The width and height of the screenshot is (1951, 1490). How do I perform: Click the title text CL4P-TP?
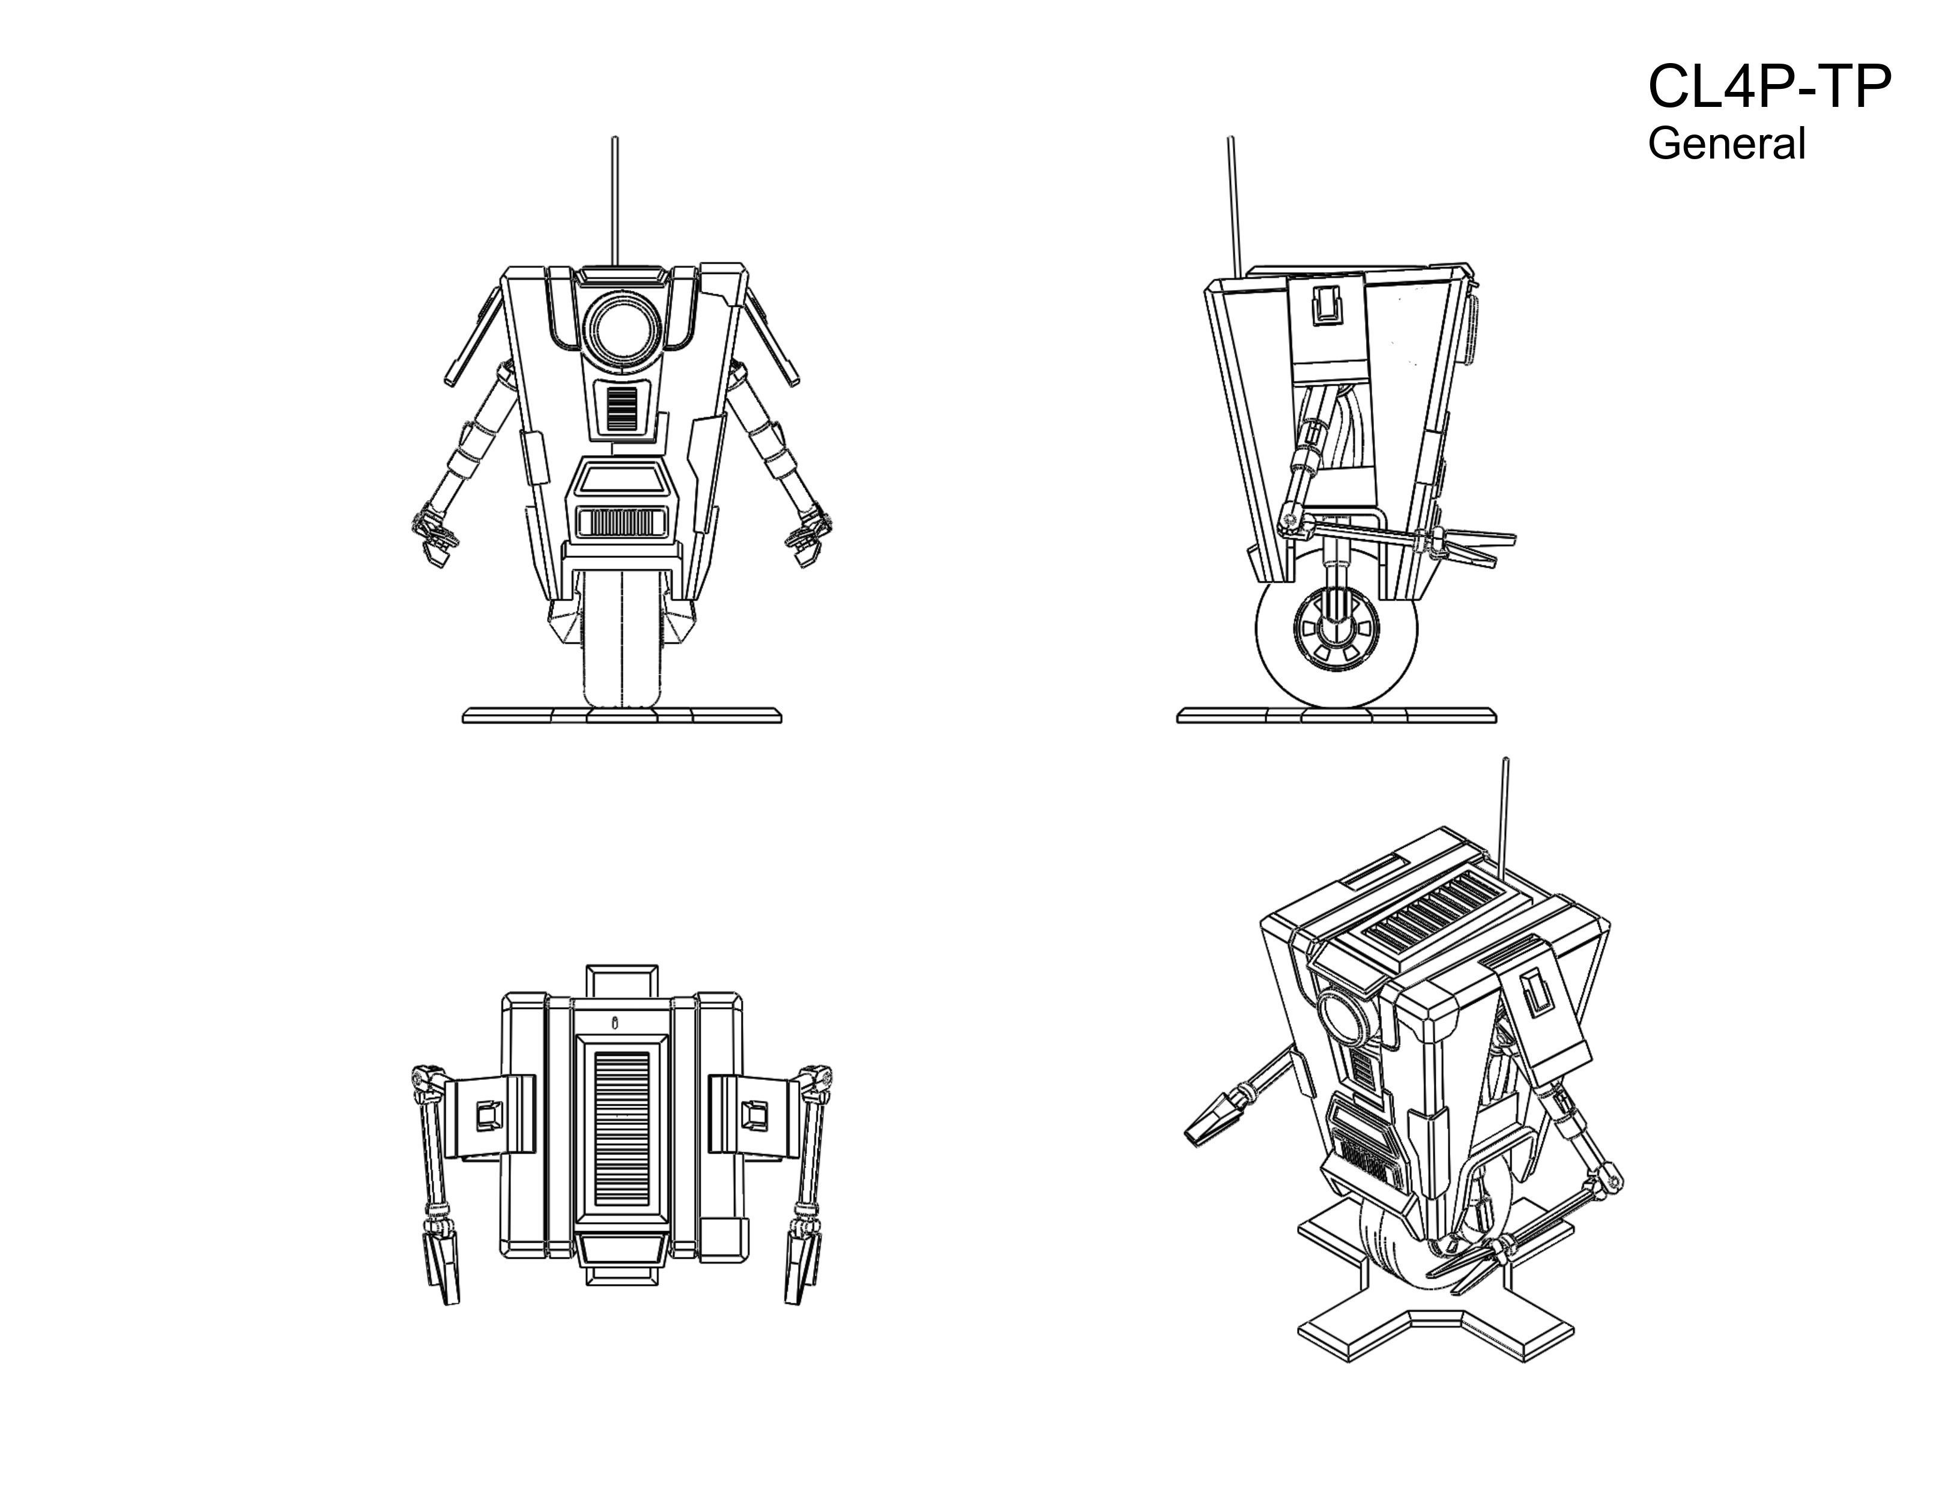click(1769, 88)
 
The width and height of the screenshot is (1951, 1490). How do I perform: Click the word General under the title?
click(1726, 144)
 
